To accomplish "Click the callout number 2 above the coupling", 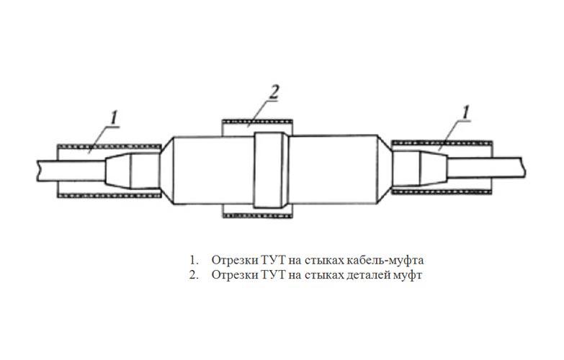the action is pyautogui.click(x=274, y=91).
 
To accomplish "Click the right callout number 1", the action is pyautogui.click(x=465, y=112).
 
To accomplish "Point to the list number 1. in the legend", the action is pyautogui.click(x=194, y=260).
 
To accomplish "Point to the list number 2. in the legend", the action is pyautogui.click(x=194, y=275).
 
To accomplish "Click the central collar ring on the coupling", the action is pyautogui.click(x=271, y=170).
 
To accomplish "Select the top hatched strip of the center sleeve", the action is pyautogui.click(x=257, y=122).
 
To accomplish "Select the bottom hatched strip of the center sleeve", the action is pyautogui.click(x=257, y=216).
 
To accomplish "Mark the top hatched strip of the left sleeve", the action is pyautogui.click(x=109, y=147).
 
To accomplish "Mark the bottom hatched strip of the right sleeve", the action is pyautogui.click(x=442, y=192).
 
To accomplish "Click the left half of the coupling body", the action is pyautogui.click(x=214, y=171).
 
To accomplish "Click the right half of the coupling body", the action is pyautogui.click(x=333, y=170).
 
